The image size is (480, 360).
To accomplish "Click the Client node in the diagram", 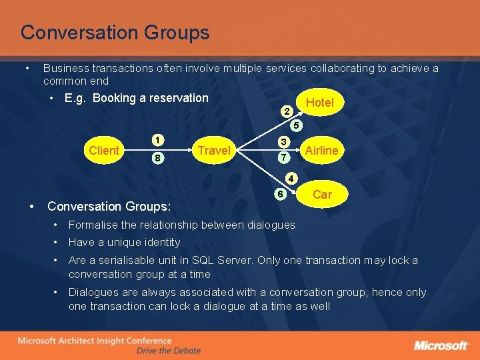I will [104, 150].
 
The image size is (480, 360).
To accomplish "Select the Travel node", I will [213, 150].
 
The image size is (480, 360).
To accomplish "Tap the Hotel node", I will [319, 102].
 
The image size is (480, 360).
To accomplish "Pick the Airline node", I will [321, 150].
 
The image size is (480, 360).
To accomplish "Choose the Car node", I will [322, 194].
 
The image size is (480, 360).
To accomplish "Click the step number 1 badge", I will [157, 141].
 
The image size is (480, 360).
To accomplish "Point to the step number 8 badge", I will [157, 159].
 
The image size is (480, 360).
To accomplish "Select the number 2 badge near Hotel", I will [286, 111].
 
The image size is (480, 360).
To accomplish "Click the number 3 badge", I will [283, 142].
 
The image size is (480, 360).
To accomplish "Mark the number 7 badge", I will [283, 158].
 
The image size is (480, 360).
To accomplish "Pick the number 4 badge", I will [291, 179].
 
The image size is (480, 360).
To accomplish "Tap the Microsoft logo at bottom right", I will [441, 345].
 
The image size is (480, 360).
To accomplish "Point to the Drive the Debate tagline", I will [168, 351].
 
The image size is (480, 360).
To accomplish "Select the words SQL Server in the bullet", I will [217, 260].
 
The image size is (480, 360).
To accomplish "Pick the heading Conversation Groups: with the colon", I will [109, 207].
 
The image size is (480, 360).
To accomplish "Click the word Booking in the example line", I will [113, 98].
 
